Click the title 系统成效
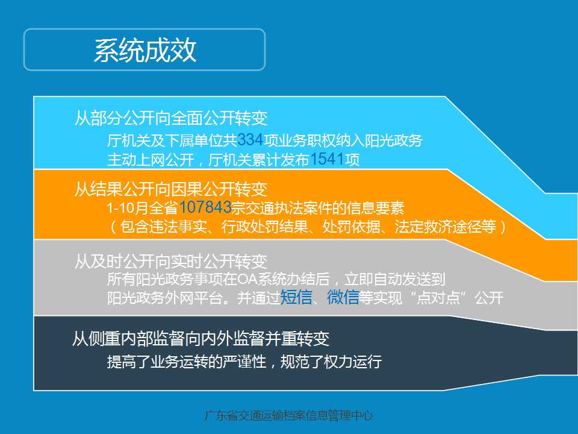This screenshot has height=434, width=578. pos(145,50)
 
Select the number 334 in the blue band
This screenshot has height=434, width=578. pos(250,140)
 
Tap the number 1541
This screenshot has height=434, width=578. pos(327,159)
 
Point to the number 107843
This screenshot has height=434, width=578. pos(205,207)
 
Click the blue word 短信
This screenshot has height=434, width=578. pos(296,297)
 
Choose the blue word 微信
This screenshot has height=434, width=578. pos(343,297)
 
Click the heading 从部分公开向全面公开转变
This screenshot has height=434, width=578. pos(170,118)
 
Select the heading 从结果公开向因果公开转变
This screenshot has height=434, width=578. pos(170,189)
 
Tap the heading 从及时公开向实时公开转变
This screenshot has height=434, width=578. pos(170,261)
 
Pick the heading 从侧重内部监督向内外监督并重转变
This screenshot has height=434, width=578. pos(201,338)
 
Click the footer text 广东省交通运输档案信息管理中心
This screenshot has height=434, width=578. pos(289,416)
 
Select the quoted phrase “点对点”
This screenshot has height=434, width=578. pos(438,298)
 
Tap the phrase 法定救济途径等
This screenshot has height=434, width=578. pos(446,227)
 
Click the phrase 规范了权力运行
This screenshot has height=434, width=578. pos(331,362)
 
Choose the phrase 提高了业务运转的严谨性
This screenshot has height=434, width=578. pos(187,362)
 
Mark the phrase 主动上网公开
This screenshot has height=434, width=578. pos(151,160)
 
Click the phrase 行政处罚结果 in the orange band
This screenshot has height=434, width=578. pos(265,227)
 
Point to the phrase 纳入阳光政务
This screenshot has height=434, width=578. pos(379,140)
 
